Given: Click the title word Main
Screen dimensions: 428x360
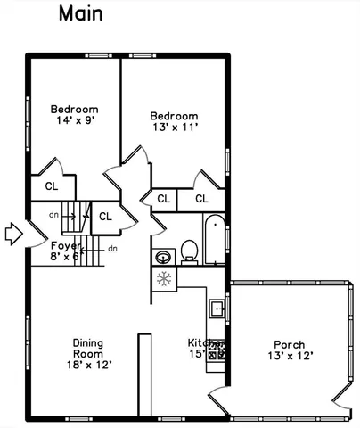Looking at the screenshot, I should (80, 13).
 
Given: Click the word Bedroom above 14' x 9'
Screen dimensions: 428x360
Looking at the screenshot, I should (74, 110).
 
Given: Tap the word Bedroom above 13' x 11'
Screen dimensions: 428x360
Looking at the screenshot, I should (174, 116).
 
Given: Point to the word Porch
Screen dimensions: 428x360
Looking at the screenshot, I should (289, 345).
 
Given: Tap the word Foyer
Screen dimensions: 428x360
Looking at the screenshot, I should (65, 245).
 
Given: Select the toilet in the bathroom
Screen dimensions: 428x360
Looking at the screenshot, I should (189, 251).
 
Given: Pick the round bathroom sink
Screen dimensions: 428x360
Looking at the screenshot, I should (163, 257).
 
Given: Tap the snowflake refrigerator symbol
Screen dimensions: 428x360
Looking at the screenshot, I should (163, 279).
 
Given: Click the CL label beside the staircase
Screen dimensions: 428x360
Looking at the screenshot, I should (105, 216).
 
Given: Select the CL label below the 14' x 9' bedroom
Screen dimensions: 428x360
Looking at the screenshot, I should (51, 186).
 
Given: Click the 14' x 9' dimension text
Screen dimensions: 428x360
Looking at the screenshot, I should (74, 120).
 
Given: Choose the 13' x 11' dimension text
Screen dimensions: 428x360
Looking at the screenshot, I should (174, 128).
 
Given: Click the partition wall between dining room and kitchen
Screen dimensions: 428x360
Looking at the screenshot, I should (140, 374).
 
